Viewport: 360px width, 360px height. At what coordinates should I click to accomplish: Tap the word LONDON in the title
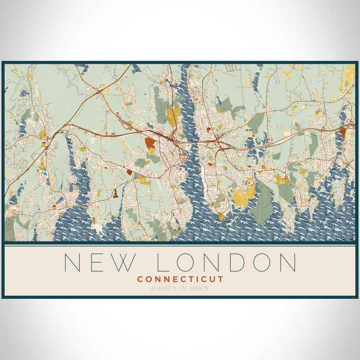point(226,262)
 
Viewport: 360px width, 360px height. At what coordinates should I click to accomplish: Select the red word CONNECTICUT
point(180,279)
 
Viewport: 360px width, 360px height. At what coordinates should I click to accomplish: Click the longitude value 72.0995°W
point(197,287)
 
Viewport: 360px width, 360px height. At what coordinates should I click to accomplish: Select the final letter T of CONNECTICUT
point(221,279)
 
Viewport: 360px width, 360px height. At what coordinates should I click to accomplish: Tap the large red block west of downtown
point(150,143)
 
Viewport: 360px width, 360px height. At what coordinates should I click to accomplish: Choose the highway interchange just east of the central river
point(222,146)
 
